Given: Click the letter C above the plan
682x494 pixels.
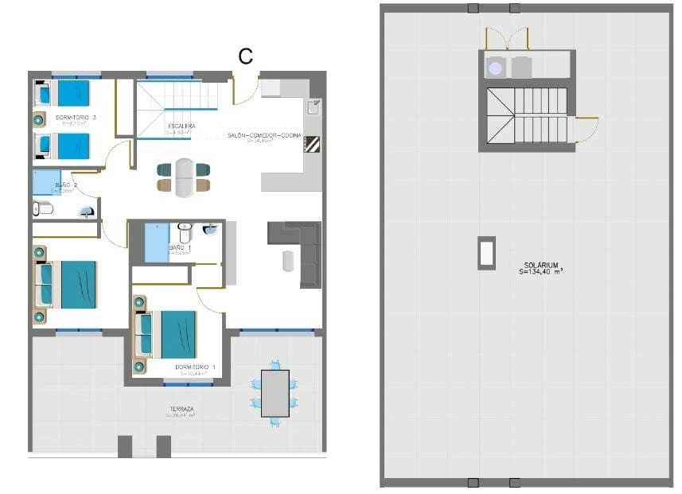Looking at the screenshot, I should click(x=246, y=56).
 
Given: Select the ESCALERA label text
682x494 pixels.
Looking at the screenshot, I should click(x=181, y=126).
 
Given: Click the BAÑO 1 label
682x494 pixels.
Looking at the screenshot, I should click(x=180, y=248).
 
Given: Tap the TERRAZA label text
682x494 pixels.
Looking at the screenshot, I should click(x=181, y=409).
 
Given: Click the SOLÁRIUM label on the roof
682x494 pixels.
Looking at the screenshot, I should click(x=540, y=265).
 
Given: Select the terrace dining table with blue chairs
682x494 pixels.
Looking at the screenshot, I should click(x=275, y=394).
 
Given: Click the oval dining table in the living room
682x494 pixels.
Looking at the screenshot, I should click(x=184, y=177).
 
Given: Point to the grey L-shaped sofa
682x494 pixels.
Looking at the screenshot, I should click(x=301, y=251).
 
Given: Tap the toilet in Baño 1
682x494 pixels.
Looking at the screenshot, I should click(x=185, y=231).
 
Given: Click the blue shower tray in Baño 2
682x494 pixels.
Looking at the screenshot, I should click(x=46, y=183).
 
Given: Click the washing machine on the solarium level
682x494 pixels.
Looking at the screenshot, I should click(x=496, y=68).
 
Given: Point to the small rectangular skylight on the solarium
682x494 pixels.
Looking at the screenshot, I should click(x=485, y=253).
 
